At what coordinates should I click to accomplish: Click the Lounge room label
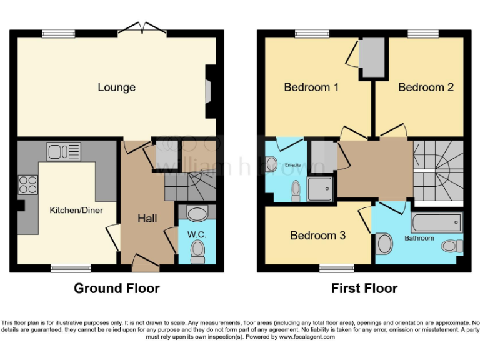coord(116,87)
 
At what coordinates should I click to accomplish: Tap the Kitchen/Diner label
coord(76,210)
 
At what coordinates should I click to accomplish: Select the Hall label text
coord(147,218)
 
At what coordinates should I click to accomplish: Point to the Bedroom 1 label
coord(311,87)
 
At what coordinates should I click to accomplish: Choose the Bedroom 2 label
coord(426,87)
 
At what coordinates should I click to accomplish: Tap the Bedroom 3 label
coord(317,236)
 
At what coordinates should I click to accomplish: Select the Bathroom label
coord(419,238)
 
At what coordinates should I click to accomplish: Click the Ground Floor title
coord(117,288)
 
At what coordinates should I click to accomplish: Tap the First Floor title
coord(364,288)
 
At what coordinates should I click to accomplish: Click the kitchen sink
coord(63,151)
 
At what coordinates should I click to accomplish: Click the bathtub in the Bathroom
coord(437,221)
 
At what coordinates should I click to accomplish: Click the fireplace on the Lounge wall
coord(209,92)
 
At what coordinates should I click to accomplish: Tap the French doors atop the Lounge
coord(143,27)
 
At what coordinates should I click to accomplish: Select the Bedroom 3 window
coord(337,268)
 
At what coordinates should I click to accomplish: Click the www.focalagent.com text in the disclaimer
coord(306,337)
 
